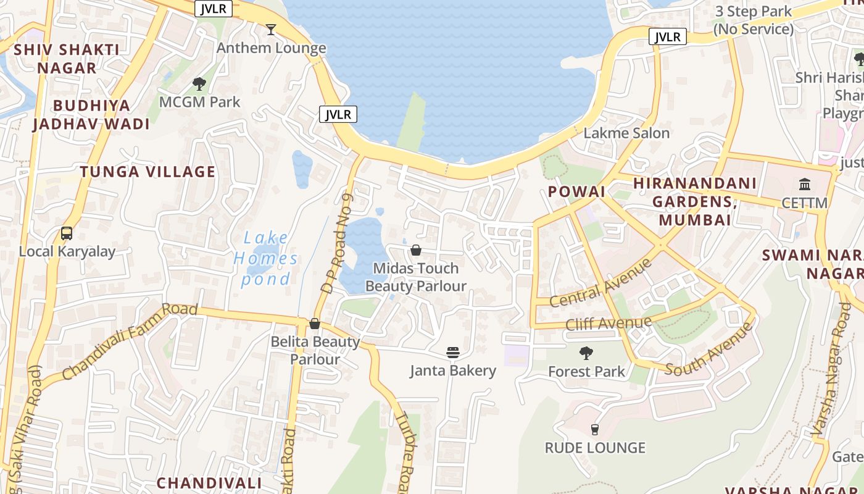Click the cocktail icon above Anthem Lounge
coord(270,29)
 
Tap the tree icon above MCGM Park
coord(199,83)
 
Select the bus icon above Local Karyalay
coord(67,233)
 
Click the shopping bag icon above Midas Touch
coord(416,250)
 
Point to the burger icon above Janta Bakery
coord(453,353)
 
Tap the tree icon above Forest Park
coord(586,353)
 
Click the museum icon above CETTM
coord(805,184)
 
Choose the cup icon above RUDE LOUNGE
coord(595,429)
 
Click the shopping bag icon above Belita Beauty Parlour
coord(315,324)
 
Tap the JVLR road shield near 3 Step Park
coord(668,37)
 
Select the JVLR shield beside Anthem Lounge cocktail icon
coord(214,9)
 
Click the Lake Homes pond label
coord(266,258)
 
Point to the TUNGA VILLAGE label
coord(148,172)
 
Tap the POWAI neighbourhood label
coord(576,191)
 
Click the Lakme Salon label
coord(626,133)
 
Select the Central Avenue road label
coord(600,283)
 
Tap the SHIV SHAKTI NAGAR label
coord(67,58)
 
